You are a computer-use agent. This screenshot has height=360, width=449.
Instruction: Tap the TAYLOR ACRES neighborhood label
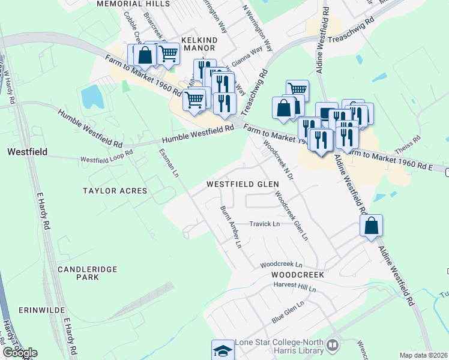115,190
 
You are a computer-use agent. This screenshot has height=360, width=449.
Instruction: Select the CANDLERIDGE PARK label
87,274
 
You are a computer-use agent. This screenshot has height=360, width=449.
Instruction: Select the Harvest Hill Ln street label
294,289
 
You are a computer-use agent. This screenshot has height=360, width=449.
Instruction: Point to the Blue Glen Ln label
288,312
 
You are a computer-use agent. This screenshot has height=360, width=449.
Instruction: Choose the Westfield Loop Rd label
106,160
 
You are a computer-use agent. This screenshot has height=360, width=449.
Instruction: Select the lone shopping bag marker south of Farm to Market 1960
372,226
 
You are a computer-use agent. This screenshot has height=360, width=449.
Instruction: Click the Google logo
20,352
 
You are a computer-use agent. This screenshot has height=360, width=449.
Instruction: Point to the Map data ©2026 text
423,355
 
